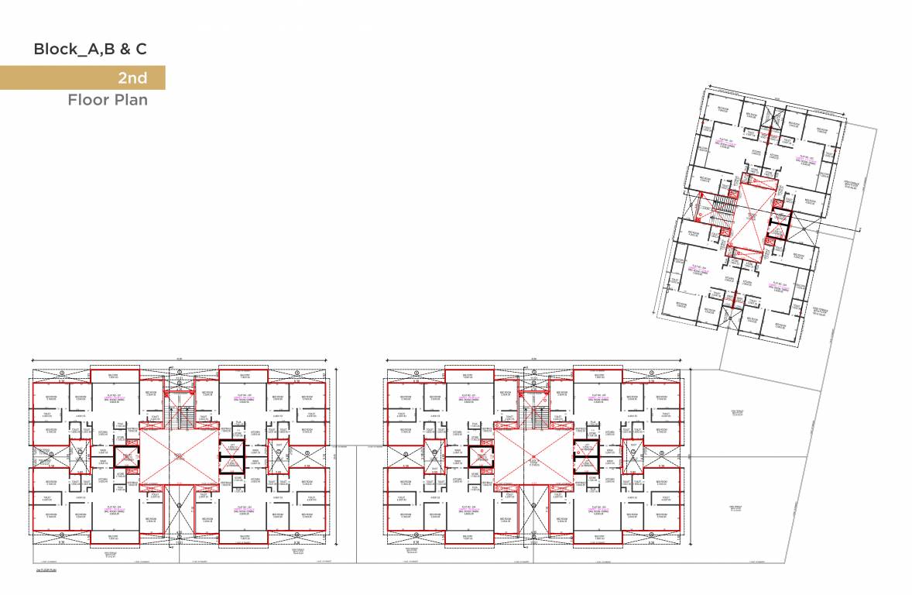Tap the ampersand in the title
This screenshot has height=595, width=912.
point(122,50)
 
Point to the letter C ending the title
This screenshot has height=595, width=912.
point(141,50)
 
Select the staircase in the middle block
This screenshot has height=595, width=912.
point(534,414)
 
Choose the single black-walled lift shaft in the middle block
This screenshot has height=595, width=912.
point(480,456)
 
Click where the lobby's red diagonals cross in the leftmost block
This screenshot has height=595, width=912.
point(178,458)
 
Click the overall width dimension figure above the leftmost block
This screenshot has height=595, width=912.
point(179,358)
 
